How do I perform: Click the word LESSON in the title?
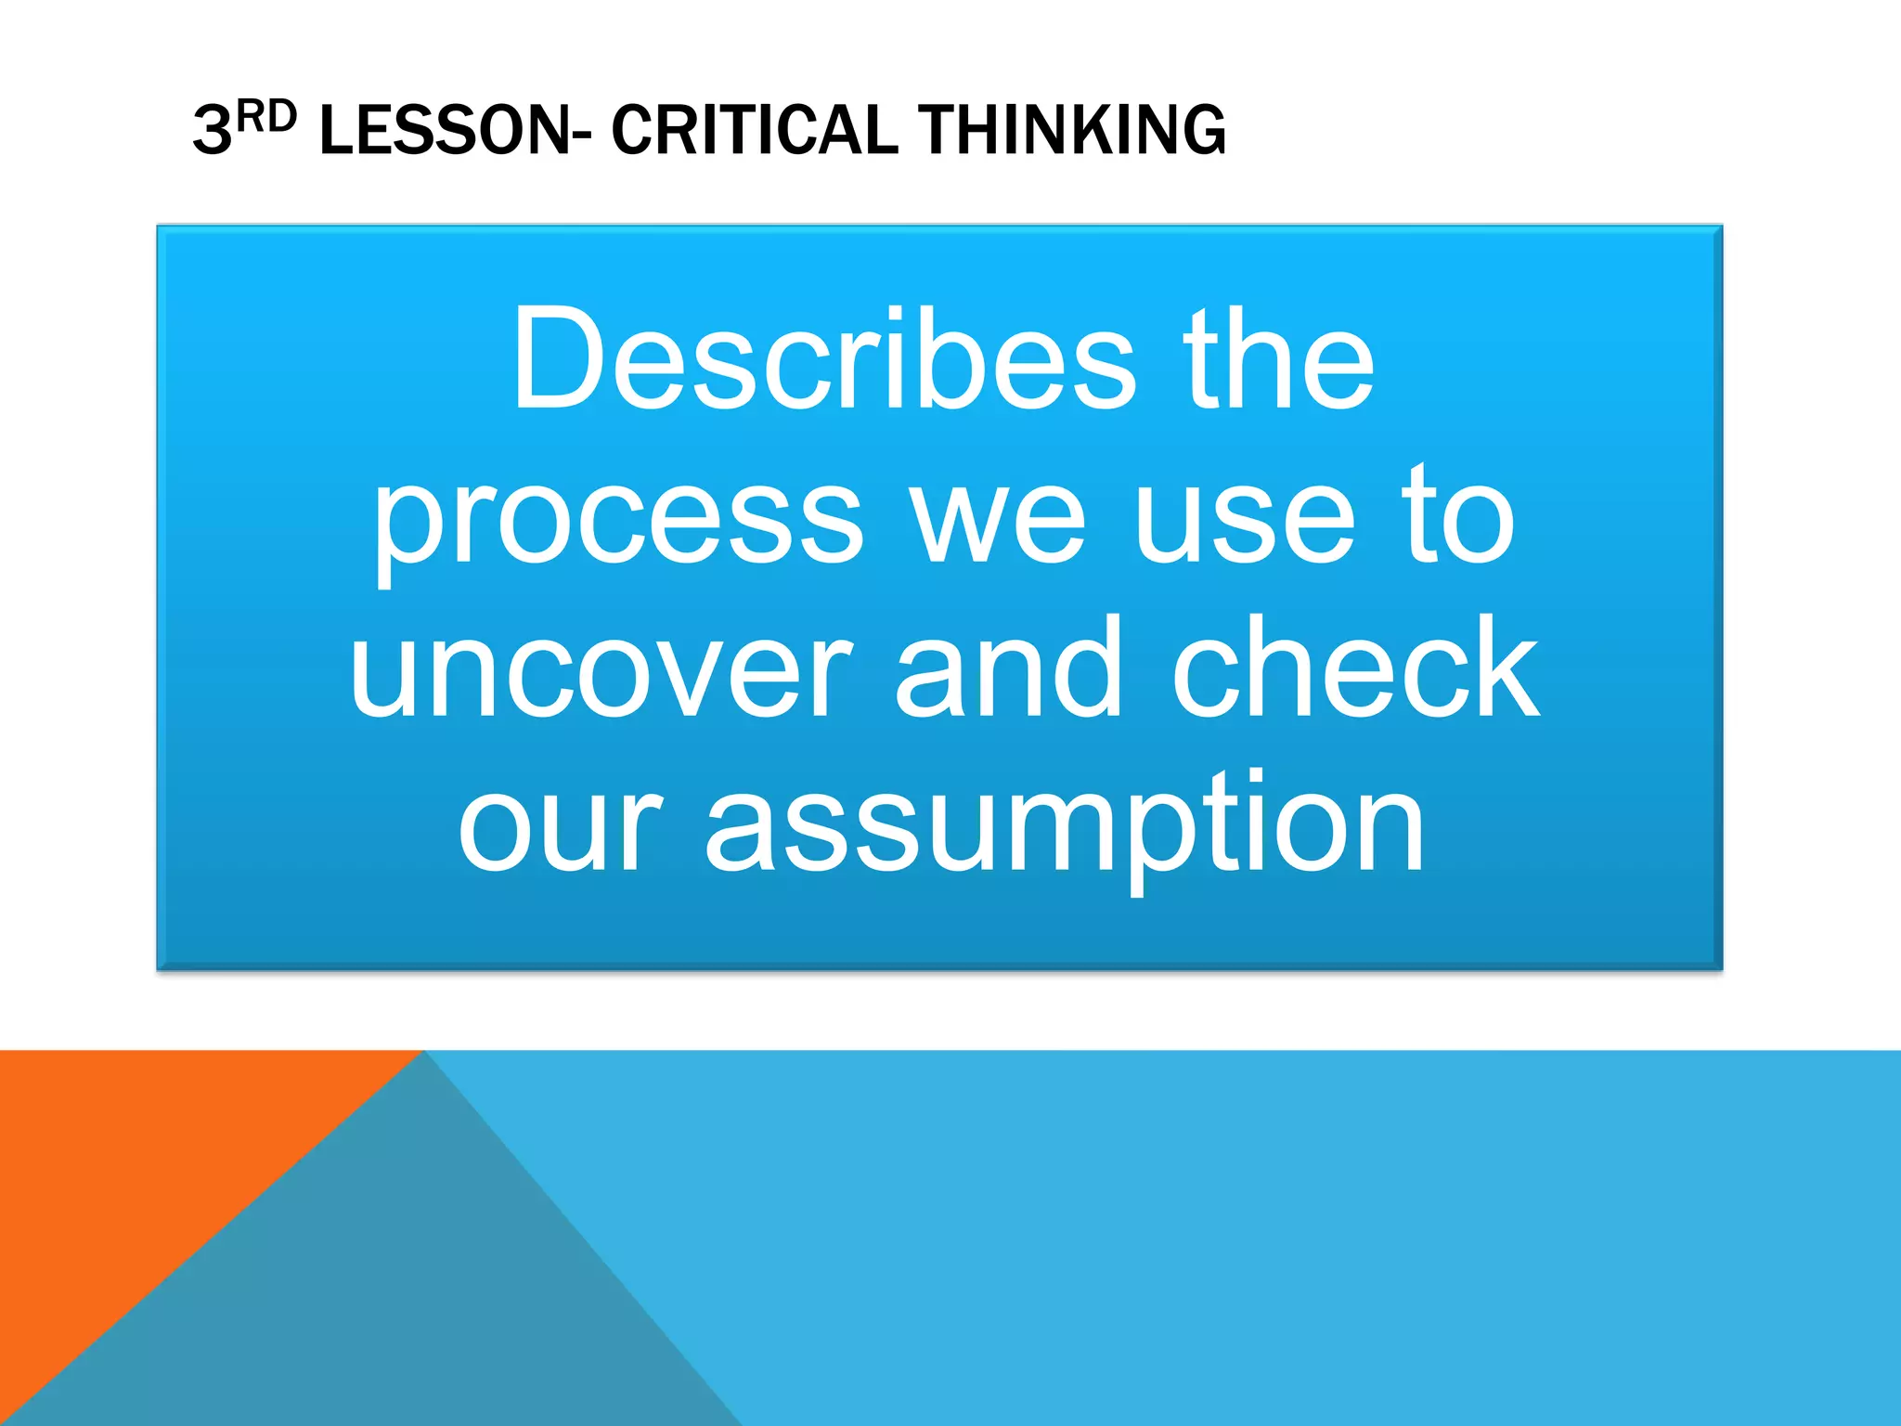[x=441, y=130]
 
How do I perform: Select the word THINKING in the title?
[x=1071, y=130]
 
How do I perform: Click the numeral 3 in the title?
[x=212, y=130]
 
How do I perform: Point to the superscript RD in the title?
[x=267, y=117]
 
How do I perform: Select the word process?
[x=618, y=520]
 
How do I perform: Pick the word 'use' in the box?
[x=1244, y=520]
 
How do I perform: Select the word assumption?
[x=1064, y=826]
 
